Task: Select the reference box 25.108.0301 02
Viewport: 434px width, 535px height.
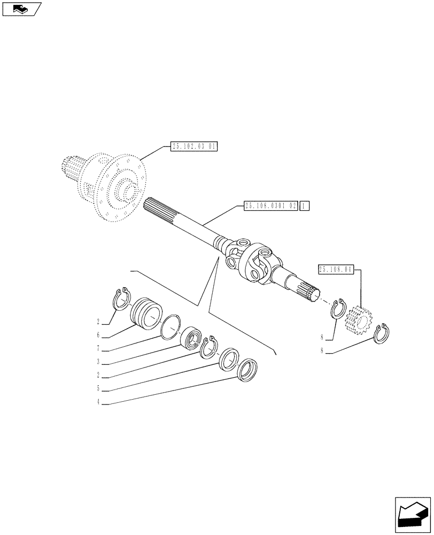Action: [x=270, y=206]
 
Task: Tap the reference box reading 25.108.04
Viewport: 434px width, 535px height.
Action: [x=336, y=270]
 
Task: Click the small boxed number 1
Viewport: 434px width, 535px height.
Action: [x=304, y=206]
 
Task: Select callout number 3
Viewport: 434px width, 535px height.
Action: [x=99, y=362]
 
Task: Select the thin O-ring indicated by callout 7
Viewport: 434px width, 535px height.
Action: [x=170, y=326]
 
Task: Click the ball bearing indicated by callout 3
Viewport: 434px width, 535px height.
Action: [x=190, y=338]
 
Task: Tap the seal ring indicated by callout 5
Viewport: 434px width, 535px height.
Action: [x=230, y=358]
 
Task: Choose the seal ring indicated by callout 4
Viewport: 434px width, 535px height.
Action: [x=247, y=370]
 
